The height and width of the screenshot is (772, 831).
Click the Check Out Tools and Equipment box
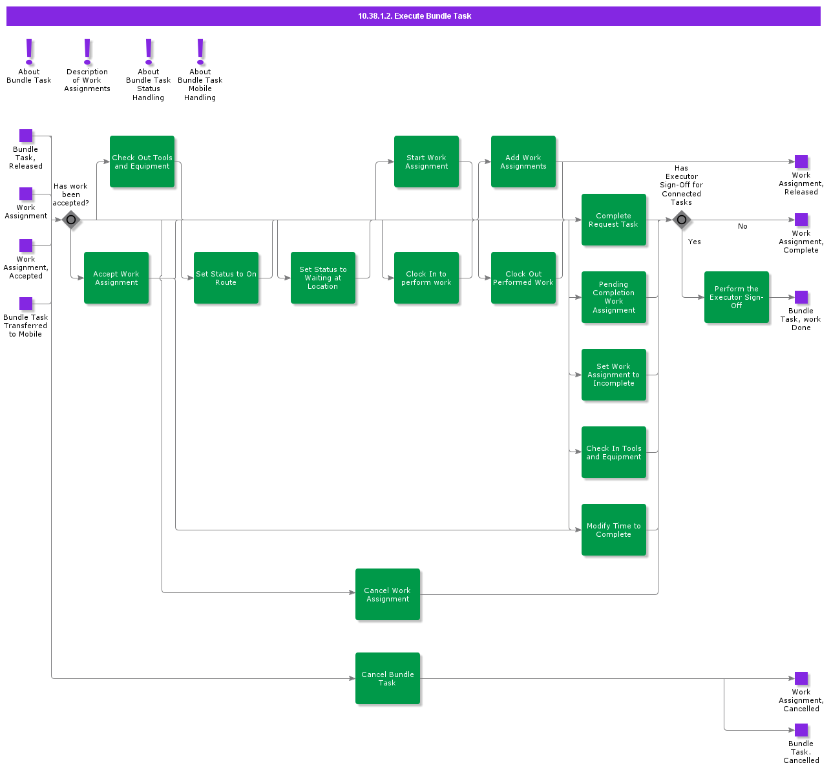[x=142, y=162]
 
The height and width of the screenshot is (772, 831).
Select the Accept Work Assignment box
[x=116, y=278]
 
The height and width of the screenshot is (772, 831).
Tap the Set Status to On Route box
[x=226, y=278]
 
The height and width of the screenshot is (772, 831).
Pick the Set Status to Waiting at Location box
[x=323, y=278]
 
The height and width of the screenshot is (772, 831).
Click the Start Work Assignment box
[x=426, y=162]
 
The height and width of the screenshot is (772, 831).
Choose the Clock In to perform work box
[x=426, y=278]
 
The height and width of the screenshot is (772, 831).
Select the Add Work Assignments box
[x=523, y=162]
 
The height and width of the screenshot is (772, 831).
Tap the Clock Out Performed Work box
[x=523, y=278]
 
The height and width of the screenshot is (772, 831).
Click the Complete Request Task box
[x=614, y=220]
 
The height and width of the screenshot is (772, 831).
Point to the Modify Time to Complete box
[x=614, y=530]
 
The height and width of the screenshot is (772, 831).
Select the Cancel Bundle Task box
[x=388, y=678]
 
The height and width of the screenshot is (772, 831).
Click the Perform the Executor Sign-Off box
[x=737, y=297]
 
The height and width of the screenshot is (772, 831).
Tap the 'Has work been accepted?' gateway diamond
[x=71, y=220]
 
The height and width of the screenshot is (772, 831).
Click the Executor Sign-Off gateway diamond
[x=681, y=220]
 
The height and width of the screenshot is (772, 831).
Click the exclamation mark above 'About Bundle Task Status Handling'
[x=149, y=51]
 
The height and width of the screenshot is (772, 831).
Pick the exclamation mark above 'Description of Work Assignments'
[x=87, y=51]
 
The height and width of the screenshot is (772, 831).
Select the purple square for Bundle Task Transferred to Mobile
[x=26, y=304]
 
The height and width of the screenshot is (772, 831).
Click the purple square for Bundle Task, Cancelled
[x=801, y=730]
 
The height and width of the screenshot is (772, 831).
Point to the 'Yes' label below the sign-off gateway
[x=695, y=242]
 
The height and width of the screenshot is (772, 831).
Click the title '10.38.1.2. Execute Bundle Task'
[x=414, y=16]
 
